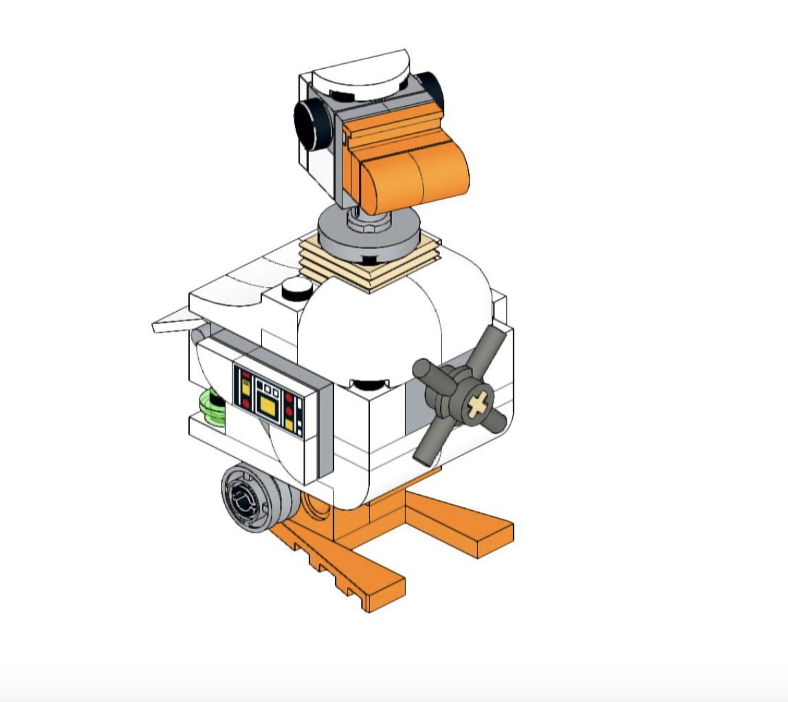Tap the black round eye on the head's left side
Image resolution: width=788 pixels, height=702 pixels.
pos(312,124)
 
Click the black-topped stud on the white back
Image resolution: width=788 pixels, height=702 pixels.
pos(296,288)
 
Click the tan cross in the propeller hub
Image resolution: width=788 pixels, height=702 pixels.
pos(478,405)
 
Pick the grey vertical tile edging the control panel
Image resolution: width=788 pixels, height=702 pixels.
pos(324,431)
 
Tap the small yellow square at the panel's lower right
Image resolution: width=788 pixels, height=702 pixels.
pos(289,426)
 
